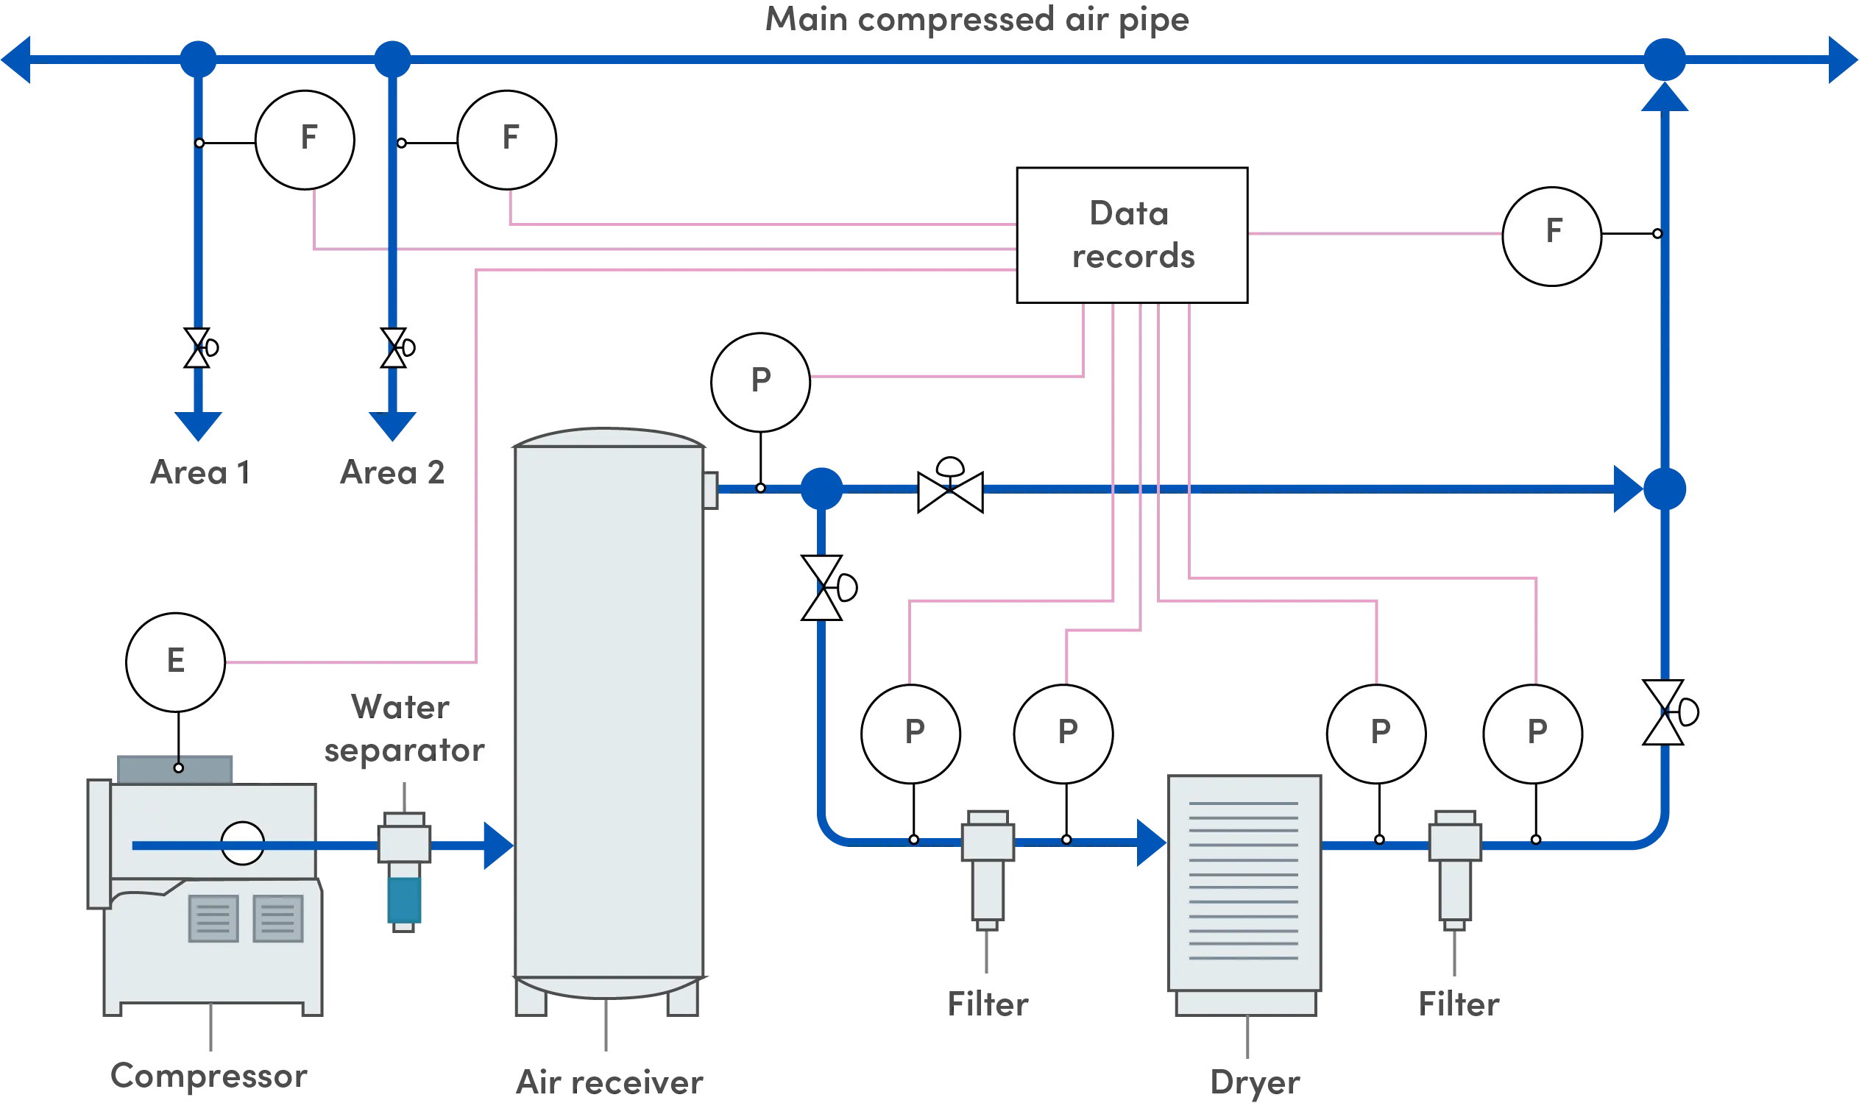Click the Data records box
click(1131, 235)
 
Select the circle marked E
click(175, 662)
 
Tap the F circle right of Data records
click(1551, 235)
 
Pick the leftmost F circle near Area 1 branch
click(305, 140)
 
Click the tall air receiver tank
click(608, 714)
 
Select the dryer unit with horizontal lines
click(1244, 892)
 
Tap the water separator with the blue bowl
click(403, 870)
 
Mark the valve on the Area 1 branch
click(198, 348)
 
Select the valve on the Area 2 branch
click(394, 348)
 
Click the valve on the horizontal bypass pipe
click(950, 489)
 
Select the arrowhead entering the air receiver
click(497, 845)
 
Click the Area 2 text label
click(392, 474)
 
